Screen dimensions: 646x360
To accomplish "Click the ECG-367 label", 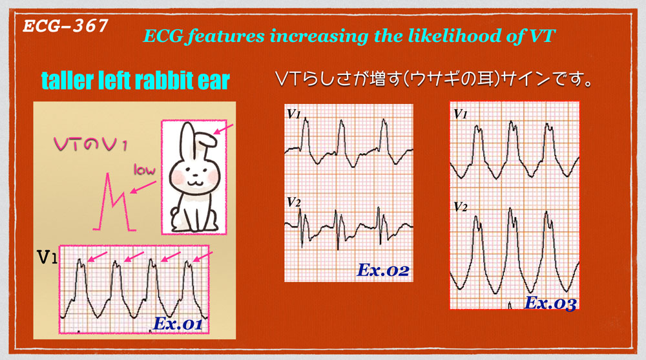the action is click(65, 26).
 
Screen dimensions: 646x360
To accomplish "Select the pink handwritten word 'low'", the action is click(144, 169).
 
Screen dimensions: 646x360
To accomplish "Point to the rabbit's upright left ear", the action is click(188, 138).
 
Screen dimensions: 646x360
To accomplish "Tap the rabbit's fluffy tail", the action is click(174, 216).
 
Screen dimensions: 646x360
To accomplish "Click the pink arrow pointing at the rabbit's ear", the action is click(224, 129).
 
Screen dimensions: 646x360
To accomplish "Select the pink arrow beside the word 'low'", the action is click(143, 187).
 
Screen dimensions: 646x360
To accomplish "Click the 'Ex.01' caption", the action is click(178, 324).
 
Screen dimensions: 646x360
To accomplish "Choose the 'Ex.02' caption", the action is click(383, 271).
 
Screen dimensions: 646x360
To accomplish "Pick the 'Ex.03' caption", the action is click(550, 303).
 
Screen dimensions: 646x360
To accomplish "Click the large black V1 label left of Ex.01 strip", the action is click(47, 257).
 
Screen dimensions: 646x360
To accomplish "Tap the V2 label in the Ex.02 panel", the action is click(294, 202).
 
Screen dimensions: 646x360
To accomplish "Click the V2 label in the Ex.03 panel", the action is click(461, 206).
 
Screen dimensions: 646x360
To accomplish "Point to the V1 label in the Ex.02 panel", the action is click(294, 113).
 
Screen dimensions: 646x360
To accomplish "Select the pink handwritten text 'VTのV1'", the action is click(90, 144).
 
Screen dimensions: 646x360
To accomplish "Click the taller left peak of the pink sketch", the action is click(108, 175).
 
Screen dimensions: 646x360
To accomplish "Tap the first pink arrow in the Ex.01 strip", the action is click(98, 257).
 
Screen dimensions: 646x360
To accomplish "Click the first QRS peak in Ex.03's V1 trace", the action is click(477, 127).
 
